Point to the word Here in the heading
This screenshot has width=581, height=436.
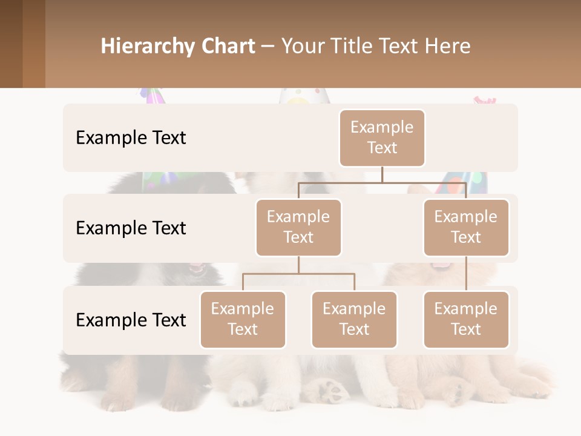[448, 46]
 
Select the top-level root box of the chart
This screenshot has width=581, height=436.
[382, 138]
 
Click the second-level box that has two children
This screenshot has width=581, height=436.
[298, 228]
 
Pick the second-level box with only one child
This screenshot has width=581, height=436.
[466, 228]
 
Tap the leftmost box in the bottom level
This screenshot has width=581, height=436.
[243, 320]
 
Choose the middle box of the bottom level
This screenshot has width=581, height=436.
[354, 320]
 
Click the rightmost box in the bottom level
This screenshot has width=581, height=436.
[466, 320]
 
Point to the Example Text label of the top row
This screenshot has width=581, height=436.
[131, 138]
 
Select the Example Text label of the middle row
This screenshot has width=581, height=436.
[131, 228]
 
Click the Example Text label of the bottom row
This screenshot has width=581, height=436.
[131, 320]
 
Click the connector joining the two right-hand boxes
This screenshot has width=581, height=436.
[466, 274]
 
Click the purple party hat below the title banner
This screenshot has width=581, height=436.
[153, 96]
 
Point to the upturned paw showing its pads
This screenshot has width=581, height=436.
[330, 391]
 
